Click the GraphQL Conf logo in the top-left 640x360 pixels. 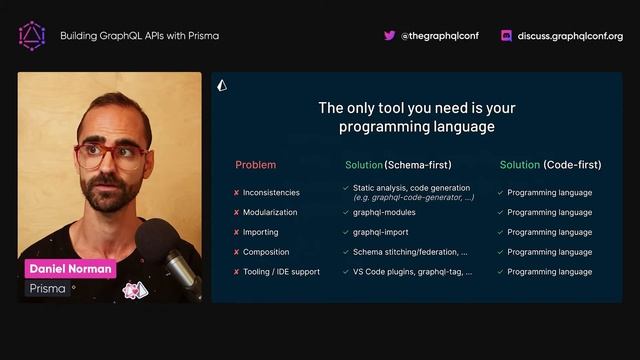tap(32, 35)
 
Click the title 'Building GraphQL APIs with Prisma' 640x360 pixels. tap(139, 36)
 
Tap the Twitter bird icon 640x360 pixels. tap(389, 35)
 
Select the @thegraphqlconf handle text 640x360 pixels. tap(439, 36)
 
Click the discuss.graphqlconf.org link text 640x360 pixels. tap(570, 36)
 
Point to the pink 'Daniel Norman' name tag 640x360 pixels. tap(70, 269)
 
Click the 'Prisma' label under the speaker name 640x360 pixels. tap(48, 289)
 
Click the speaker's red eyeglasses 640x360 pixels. tap(111, 155)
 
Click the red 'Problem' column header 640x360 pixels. tap(255, 164)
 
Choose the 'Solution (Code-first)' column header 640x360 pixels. tap(550, 164)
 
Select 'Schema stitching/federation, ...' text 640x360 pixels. tap(410, 252)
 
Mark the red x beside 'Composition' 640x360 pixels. tap(236, 252)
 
